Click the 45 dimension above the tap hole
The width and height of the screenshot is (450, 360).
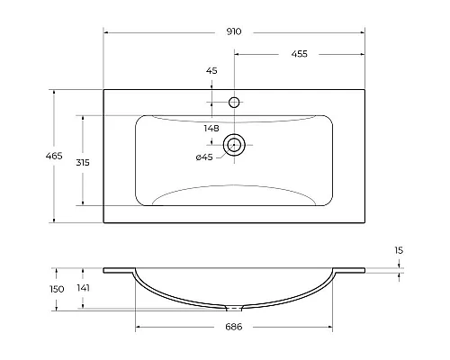click(212, 70)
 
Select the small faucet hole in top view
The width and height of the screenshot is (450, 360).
click(235, 103)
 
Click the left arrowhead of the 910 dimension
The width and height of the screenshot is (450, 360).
click(107, 31)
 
